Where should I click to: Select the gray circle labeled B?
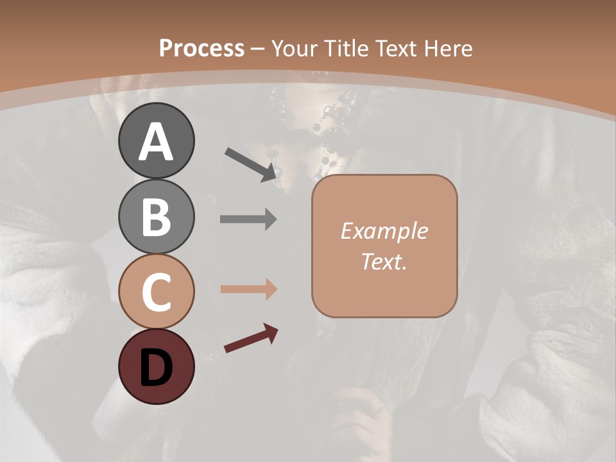pyautogui.click(x=156, y=217)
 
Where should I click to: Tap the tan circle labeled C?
pyautogui.click(x=156, y=292)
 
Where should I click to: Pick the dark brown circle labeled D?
pyautogui.click(x=156, y=366)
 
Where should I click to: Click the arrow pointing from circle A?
pyautogui.click(x=252, y=164)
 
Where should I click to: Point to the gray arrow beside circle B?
pyautogui.click(x=248, y=219)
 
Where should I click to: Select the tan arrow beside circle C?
pyautogui.click(x=248, y=289)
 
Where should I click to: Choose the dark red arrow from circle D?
pyautogui.click(x=251, y=339)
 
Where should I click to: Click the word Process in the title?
pyautogui.click(x=201, y=49)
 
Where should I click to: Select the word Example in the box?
pyautogui.click(x=384, y=232)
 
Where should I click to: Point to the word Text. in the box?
pyautogui.click(x=384, y=262)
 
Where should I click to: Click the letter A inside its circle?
pyautogui.click(x=156, y=142)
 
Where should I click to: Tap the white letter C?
pyautogui.click(x=156, y=293)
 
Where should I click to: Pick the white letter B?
pyautogui.click(x=156, y=218)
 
